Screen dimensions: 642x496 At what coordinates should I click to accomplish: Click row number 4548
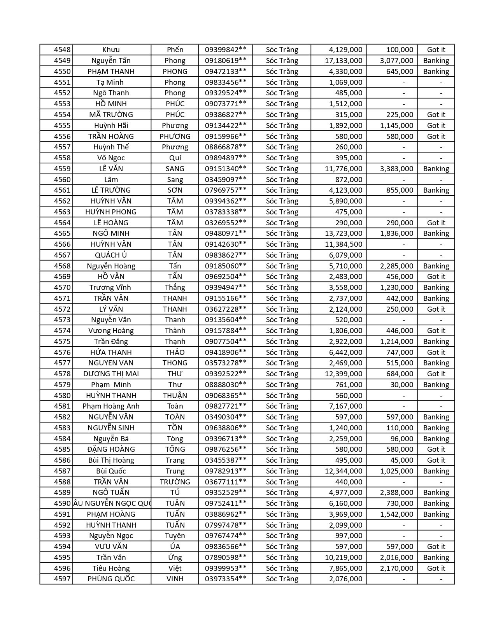tap(62, 50)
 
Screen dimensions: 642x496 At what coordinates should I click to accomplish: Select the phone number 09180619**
tap(226, 61)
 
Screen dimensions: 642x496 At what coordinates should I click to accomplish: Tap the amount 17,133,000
tap(344, 61)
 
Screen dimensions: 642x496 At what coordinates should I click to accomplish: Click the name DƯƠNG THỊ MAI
tap(111, 374)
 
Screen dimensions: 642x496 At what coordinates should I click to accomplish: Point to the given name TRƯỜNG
tap(175, 482)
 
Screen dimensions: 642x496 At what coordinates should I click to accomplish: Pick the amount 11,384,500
tap(344, 244)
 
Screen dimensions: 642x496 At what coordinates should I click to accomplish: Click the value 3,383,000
tap(396, 169)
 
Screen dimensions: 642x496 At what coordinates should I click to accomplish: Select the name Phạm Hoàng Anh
tap(111, 406)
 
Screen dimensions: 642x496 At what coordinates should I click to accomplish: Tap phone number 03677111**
tap(226, 482)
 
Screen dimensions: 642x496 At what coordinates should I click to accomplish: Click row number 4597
tap(62, 579)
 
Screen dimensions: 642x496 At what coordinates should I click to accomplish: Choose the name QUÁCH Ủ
tap(111, 255)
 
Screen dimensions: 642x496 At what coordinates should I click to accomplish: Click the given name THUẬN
tap(175, 396)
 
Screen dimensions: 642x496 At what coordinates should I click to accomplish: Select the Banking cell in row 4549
tap(436, 61)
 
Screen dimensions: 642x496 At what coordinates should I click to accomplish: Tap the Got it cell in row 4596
tap(436, 568)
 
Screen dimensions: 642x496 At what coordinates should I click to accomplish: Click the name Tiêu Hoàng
tap(111, 568)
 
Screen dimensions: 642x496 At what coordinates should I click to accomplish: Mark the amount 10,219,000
tap(344, 558)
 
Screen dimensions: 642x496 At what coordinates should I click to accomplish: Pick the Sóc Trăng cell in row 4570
tap(282, 288)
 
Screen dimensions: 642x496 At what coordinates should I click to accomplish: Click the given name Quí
tap(175, 158)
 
